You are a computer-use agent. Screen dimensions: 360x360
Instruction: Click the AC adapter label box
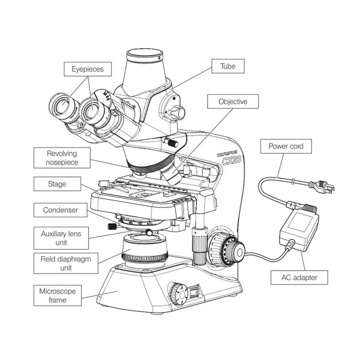(x=306, y=277)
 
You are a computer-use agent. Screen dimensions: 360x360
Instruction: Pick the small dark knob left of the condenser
(x=112, y=226)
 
